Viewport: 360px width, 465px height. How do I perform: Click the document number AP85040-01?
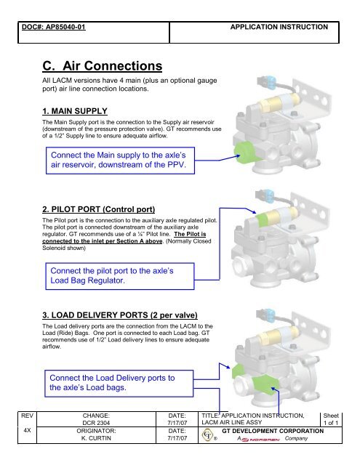(x=65, y=27)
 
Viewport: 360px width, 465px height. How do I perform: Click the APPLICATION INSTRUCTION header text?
(x=279, y=27)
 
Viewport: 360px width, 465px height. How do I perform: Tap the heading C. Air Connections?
(x=103, y=66)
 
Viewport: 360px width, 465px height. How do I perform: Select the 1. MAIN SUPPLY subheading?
(x=75, y=111)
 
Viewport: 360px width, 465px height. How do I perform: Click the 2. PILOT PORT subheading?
(x=98, y=209)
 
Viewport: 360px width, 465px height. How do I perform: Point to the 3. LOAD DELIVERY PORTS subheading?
(x=120, y=315)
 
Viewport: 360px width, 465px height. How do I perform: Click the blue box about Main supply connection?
(x=120, y=161)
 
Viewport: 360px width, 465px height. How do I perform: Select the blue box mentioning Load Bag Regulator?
(x=120, y=276)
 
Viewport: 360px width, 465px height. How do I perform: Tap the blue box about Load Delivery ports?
(x=119, y=384)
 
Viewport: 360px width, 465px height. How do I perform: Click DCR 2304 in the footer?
(x=96, y=423)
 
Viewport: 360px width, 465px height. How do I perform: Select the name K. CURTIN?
(x=96, y=438)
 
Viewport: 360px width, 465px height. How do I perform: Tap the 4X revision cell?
(x=27, y=430)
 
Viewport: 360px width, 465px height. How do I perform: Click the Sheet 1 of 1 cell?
(x=331, y=419)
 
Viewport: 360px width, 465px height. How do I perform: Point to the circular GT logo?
(x=208, y=435)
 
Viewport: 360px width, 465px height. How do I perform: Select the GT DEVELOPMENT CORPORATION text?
(x=273, y=431)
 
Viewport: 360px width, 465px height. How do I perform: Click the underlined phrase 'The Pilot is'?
(x=190, y=234)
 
